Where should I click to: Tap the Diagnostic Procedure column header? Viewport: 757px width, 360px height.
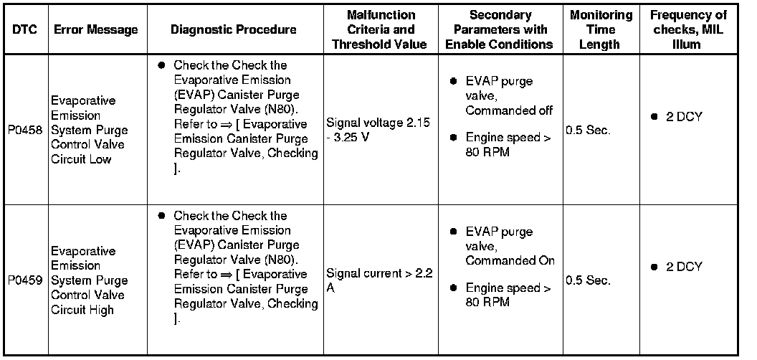click(233, 29)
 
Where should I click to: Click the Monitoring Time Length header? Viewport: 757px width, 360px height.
click(601, 29)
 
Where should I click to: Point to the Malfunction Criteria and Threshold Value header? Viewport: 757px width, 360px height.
click(381, 29)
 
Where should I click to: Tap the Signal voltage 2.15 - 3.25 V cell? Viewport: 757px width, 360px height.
click(378, 131)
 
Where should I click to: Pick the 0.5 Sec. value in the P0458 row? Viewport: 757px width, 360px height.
click(588, 131)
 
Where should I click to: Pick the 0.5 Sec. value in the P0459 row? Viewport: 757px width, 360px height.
click(588, 281)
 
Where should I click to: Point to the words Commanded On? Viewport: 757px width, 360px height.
click(510, 261)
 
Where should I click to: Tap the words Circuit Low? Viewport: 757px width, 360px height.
click(81, 160)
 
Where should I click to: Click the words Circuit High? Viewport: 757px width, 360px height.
click(82, 311)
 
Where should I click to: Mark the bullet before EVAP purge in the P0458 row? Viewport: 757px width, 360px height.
click(453, 82)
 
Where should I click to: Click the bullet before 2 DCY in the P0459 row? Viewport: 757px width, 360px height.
click(654, 267)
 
